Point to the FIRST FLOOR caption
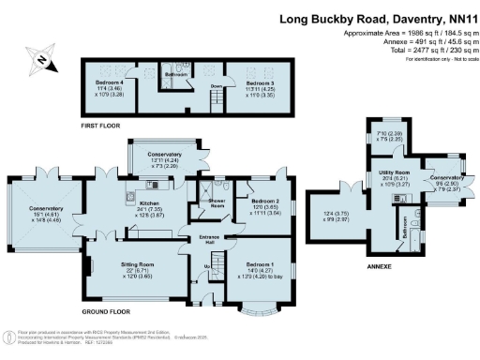pyautogui.click(x=102, y=124)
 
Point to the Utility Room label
pyautogui.click(x=391, y=173)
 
